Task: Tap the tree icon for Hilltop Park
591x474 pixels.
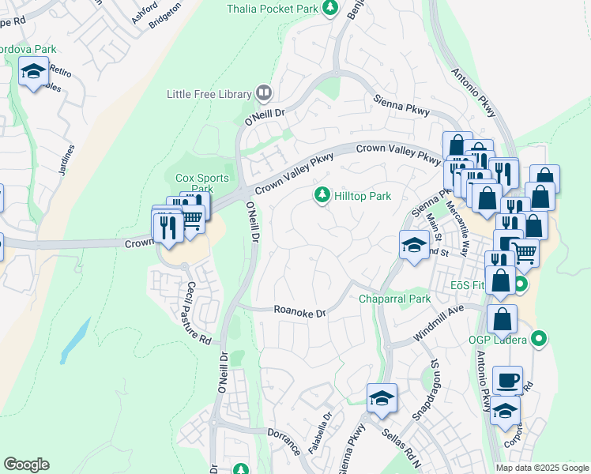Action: [322, 194]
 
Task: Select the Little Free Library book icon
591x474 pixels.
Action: [264, 94]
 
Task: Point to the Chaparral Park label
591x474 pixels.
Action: [394, 299]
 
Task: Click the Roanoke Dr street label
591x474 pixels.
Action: [299, 313]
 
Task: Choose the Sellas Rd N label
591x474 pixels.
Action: [405, 446]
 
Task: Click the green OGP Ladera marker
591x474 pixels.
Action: [539, 339]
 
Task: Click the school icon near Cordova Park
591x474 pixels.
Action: [33, 73]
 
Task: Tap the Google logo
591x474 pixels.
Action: [26, 465]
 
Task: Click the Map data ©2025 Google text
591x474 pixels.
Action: [541, 468]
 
